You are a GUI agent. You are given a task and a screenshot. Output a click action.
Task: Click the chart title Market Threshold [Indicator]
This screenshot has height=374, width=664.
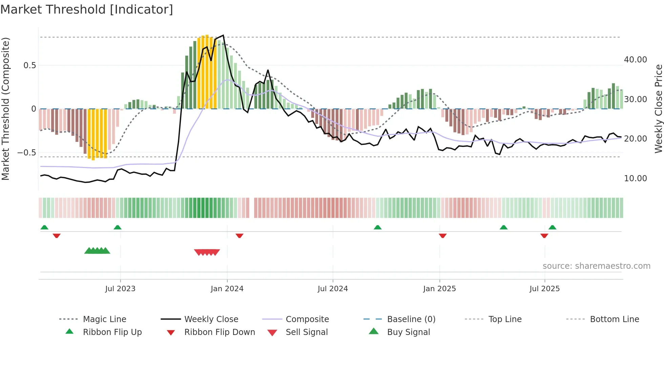tap(87, 10)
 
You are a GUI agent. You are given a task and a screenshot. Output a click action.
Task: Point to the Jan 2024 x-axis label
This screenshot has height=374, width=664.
tap(227, 289)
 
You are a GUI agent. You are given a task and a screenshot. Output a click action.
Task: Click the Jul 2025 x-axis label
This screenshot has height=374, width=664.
tap(544, 289)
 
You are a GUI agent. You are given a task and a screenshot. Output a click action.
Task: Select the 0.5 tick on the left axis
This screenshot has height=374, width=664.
tap(29, 66)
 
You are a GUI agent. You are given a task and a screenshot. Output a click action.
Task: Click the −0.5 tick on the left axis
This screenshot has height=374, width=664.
tap(26, 153)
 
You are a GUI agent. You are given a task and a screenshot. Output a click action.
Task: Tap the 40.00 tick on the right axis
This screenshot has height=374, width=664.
tap(635, 60)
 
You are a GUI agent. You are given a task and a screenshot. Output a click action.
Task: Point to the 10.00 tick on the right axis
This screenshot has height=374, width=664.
tap(635, 179)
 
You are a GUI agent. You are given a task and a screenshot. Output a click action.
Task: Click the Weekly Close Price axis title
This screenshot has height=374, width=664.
tap(658, 109)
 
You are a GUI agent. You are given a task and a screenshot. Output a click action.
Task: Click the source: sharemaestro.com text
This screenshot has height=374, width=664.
tap(596, 266)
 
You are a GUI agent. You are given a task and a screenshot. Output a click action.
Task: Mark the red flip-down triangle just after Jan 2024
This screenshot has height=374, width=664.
tap(240, 236)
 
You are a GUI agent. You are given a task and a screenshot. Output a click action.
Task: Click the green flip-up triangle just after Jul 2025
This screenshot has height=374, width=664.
tap(553, 227)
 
